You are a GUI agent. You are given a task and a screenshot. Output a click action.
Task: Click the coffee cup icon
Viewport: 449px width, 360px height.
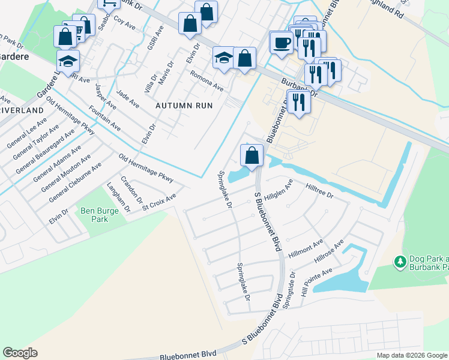point(281,43)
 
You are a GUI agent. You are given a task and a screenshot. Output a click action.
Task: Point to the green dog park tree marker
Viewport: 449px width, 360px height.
point(400,262)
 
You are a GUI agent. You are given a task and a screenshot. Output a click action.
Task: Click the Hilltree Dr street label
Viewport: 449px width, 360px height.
point(320,191)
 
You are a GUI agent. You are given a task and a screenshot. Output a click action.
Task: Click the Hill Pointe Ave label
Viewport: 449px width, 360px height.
point(316,281)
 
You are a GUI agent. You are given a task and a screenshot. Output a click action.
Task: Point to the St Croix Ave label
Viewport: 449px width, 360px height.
point(159,202)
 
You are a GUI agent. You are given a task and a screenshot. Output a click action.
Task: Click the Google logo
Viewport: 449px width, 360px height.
point(20,353)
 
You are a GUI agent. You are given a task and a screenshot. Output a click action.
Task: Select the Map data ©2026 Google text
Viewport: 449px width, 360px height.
point(411,355)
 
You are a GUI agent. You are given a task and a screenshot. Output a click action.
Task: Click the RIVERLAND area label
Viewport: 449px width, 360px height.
point(22,111)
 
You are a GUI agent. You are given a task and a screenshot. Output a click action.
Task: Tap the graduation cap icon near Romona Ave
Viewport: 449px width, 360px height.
point(224,59)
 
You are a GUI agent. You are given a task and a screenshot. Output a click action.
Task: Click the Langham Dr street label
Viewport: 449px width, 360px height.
point(118,199)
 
